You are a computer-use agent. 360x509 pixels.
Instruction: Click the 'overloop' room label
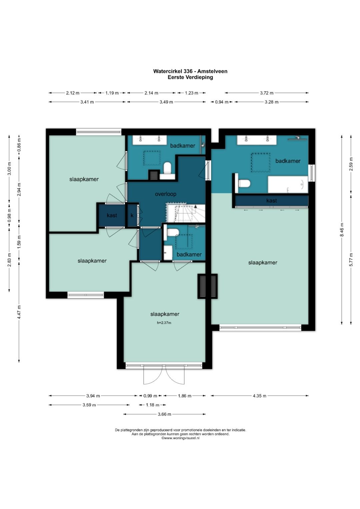coord(165,194)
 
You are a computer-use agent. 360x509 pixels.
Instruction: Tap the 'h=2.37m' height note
coord(164,322)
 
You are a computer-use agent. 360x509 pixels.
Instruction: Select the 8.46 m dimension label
coord(341,230)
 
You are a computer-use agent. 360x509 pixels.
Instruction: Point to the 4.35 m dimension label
coord(259,396)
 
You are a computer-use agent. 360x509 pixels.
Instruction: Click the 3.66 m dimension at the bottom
coord(164,414)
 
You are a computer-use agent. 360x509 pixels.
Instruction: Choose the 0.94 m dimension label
coord(222,102)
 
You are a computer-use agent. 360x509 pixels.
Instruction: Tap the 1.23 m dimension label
coord(191,93)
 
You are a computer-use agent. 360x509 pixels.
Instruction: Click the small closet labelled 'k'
coord(132,215)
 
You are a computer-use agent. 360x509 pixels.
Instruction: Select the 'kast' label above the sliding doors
coord(271,201)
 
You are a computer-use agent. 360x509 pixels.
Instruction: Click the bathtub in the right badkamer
coord(288,184)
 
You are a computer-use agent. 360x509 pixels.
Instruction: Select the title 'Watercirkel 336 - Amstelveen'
coord(190,71)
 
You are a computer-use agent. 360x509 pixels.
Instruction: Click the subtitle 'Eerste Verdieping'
coord(190,77)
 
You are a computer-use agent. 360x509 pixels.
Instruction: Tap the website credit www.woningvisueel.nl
coord(180,438)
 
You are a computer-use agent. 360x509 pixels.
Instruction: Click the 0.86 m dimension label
coord(19,145)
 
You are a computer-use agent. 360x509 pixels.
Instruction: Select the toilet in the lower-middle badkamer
coord(173,232)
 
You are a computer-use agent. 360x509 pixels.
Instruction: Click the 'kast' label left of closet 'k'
coord(112,215)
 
